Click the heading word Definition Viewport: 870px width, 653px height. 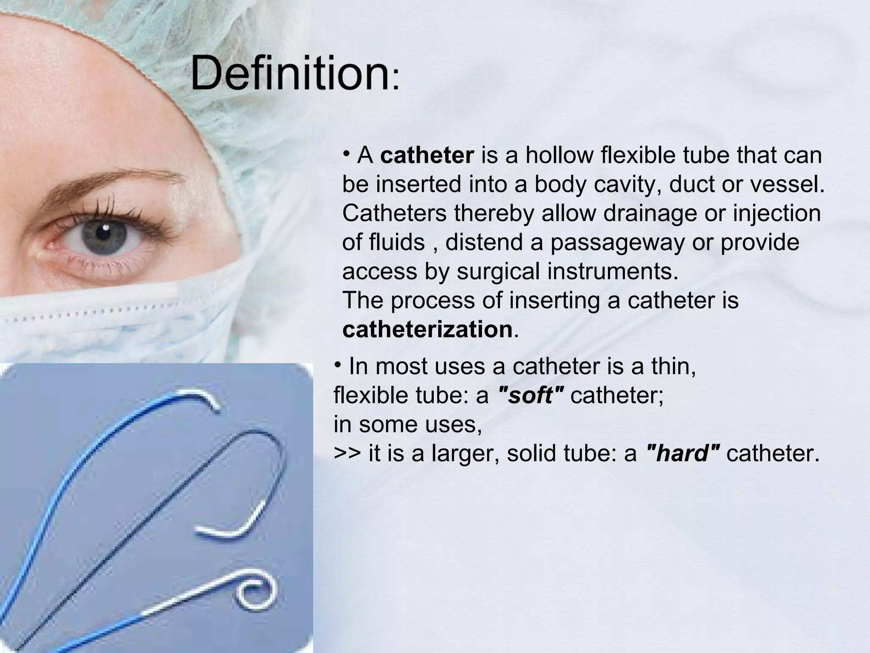(x=290, y=75)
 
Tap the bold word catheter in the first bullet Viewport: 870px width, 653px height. (x=427, y=155)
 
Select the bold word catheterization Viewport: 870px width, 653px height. (x=427, y=330)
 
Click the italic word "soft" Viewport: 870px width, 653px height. (x=530, y=396)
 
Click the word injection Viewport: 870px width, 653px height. (x=777, y=213)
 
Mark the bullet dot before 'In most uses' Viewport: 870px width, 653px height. (x=338, y=365)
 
